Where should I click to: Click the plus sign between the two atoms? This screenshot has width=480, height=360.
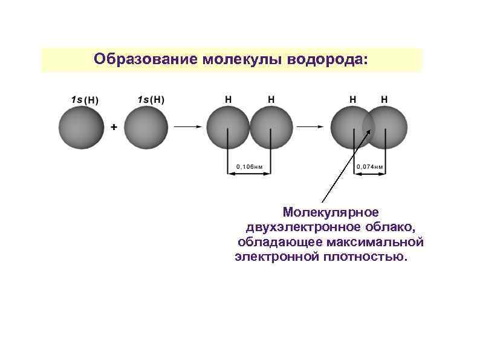(113, 128)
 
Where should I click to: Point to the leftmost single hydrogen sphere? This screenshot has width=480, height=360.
(80, 127)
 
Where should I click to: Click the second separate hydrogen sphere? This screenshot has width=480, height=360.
(146, 127)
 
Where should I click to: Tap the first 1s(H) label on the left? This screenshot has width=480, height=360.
(85, 99)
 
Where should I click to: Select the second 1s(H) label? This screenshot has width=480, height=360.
(151, 99)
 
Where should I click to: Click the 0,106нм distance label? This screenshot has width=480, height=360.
(249, 166)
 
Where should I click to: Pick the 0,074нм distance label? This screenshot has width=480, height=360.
(370, 166)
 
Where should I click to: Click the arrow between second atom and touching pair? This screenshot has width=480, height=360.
(187, 127)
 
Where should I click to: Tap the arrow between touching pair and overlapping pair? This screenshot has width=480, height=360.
(312, 127)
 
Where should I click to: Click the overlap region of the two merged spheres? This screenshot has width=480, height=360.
(369, 127)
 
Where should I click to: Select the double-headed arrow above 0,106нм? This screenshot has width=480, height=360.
(249, 174)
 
